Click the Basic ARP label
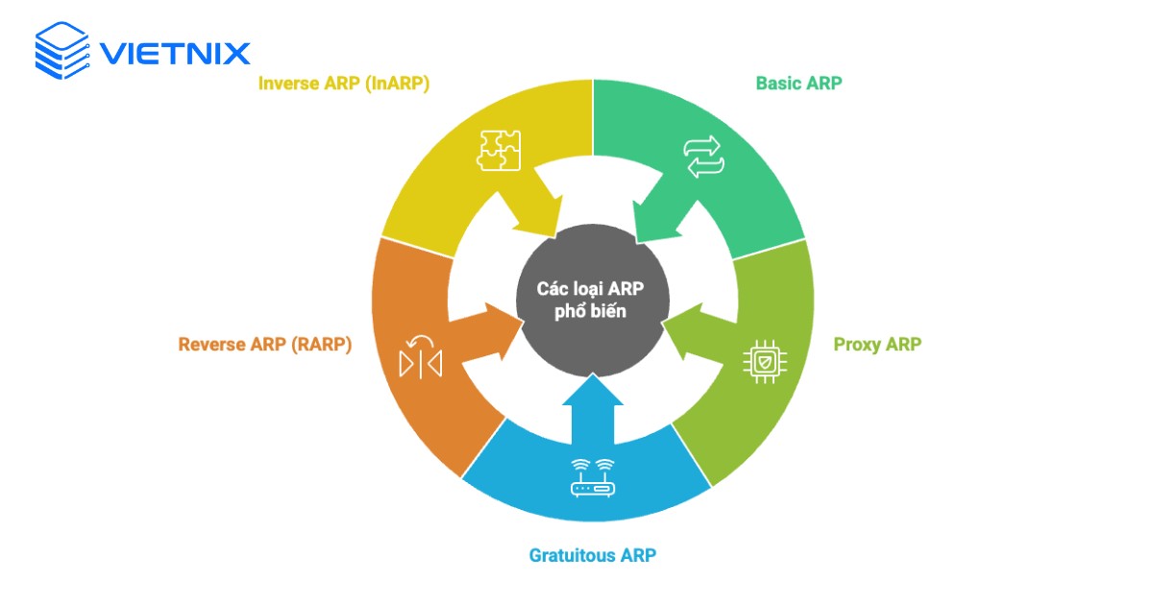pos(798,84)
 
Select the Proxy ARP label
pos(876,344)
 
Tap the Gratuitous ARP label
pos(592,555)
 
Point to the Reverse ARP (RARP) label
pos(265,344)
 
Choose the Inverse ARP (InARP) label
pos(344,84)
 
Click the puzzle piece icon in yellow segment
pos(500,150)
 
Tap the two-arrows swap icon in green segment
pos(701,157)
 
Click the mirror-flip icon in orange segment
pos(419,358)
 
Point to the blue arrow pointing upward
pos(592,408)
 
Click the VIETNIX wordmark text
pos(175,52)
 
